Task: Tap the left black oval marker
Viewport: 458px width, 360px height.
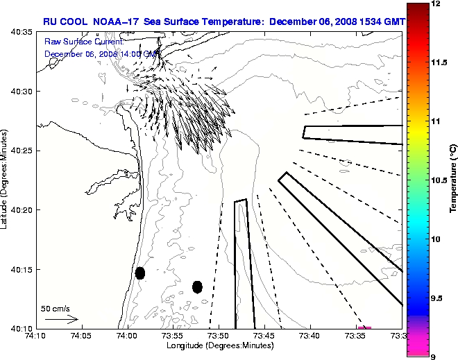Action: (x=140, y=273)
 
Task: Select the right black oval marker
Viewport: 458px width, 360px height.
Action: (x=197, y=286)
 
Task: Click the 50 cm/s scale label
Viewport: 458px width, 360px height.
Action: (x=56, y=308)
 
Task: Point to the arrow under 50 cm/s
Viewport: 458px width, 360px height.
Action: (x=61, y=319)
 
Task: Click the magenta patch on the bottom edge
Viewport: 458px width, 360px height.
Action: (x=364, y=327)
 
